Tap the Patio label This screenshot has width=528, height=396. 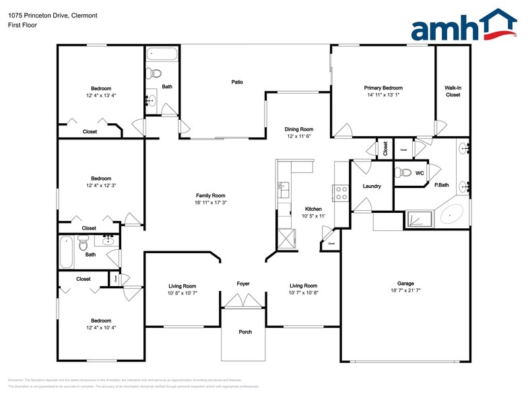237,82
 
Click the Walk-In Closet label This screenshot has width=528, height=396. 453,91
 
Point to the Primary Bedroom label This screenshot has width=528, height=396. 383,88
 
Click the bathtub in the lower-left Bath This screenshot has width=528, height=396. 65,251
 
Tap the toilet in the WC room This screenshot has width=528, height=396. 399,172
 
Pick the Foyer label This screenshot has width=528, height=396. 243,284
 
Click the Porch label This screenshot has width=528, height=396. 245,332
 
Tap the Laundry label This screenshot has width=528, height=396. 372,187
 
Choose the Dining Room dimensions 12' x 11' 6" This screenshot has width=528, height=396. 298,136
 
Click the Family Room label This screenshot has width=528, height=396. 210,195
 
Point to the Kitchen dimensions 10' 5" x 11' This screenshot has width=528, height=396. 313,216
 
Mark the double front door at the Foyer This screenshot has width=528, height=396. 243,302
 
